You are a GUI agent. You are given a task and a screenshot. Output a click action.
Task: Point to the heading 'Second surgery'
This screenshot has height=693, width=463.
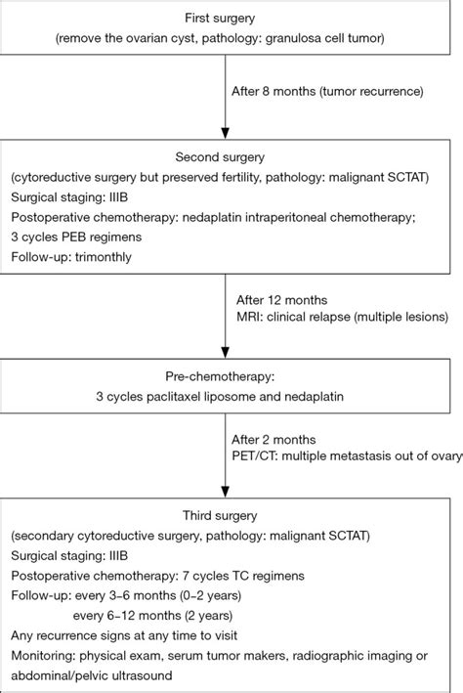(231, 159)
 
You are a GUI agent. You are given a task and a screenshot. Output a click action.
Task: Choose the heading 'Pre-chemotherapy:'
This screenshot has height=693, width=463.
(231, 376)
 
